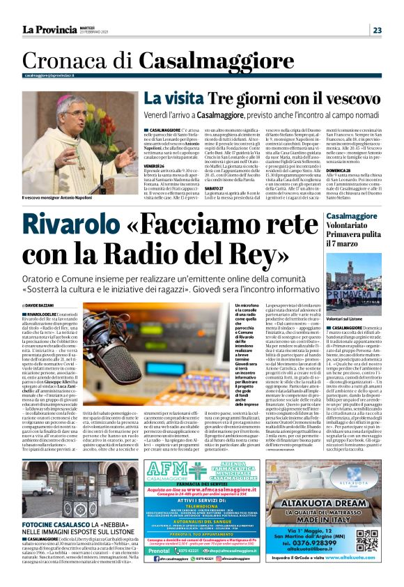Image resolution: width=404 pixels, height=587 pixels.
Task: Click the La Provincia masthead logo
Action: click(51, 29)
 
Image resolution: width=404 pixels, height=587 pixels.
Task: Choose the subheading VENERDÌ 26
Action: click(154, 167)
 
